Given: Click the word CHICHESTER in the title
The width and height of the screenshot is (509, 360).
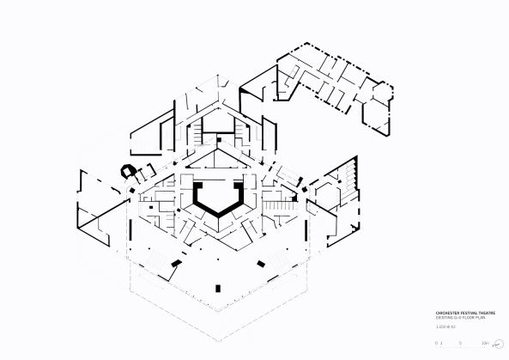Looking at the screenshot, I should [x=447, y=314].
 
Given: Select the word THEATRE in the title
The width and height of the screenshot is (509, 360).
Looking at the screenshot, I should [x=495, y=314].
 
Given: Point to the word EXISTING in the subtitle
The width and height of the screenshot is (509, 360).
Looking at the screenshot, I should [x=445, y=319].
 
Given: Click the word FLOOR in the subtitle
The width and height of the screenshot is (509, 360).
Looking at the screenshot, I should [x=473, y=319].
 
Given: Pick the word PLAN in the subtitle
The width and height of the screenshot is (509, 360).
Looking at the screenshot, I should [x=488, y=319].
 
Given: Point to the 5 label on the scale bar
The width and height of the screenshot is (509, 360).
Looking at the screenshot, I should [x=461, y=342].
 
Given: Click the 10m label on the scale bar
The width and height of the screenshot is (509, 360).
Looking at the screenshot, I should [x=485, y=342].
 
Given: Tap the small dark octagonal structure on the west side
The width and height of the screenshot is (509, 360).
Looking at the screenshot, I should [x=129, y=169].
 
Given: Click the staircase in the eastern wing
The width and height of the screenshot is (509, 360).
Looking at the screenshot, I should [x=348, y=176].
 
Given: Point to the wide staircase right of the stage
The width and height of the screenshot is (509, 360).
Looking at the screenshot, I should [x=275, y=207].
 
